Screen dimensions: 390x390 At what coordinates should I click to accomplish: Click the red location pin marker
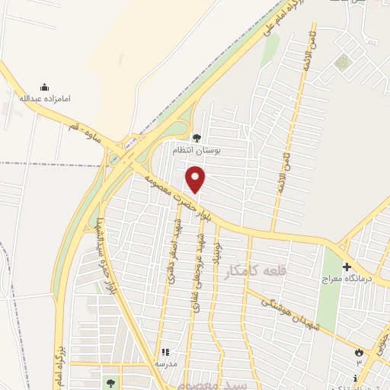pyautogui.click(x=197, y=180)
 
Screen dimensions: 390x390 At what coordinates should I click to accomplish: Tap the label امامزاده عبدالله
pyautogui.click(x=38, y=98)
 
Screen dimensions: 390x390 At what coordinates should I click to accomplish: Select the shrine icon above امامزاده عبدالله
pyautogui.click(x=43, y=87)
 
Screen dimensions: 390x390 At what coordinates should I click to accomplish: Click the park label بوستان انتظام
pyautogui.click(x=196, y=150)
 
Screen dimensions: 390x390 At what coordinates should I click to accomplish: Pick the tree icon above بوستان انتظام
pyautogui.click(x=197, y=138)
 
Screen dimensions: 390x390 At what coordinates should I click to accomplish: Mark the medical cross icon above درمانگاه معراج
pyautogui.click(x=347, y=267)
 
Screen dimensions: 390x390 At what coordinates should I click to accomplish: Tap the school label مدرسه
pyautogui.click(x=164, y=363)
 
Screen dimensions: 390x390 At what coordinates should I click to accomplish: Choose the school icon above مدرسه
pyautogui.click(x=164, y=353)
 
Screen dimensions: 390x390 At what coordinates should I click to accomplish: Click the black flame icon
pyautogui.click(x=357, y=351)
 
